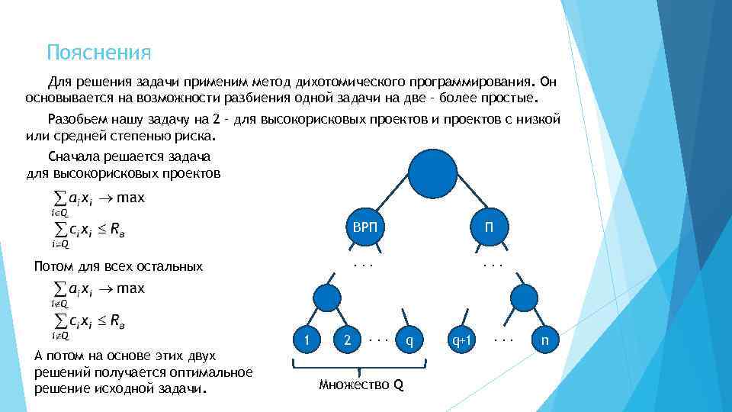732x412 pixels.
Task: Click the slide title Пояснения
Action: (99, 53)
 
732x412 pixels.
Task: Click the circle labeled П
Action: (488, 226)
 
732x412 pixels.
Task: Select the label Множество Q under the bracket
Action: (361, 384)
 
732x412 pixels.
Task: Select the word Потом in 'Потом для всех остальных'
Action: (54, 267)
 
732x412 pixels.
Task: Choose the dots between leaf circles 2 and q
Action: (378, 336)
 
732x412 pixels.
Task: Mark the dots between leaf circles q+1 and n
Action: (504, 336)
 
